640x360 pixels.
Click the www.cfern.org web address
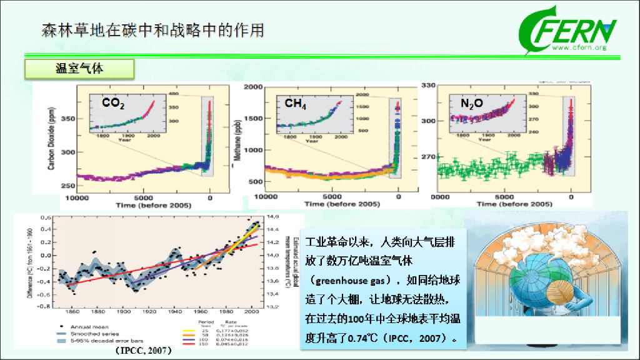[x=579, y=48]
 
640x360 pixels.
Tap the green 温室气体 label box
[x=79, y=69]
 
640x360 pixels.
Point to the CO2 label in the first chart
[x=112, y=104]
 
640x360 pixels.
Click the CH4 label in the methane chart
[x=295, y=104]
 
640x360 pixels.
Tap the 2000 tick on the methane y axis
[x=254, y=87]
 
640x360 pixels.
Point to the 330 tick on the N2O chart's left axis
[x=427, y=85]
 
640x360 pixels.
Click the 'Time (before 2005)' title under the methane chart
[x=342, y=204]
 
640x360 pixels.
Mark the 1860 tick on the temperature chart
[x=73, y=311]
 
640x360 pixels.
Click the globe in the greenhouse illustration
[x=541, y=278]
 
